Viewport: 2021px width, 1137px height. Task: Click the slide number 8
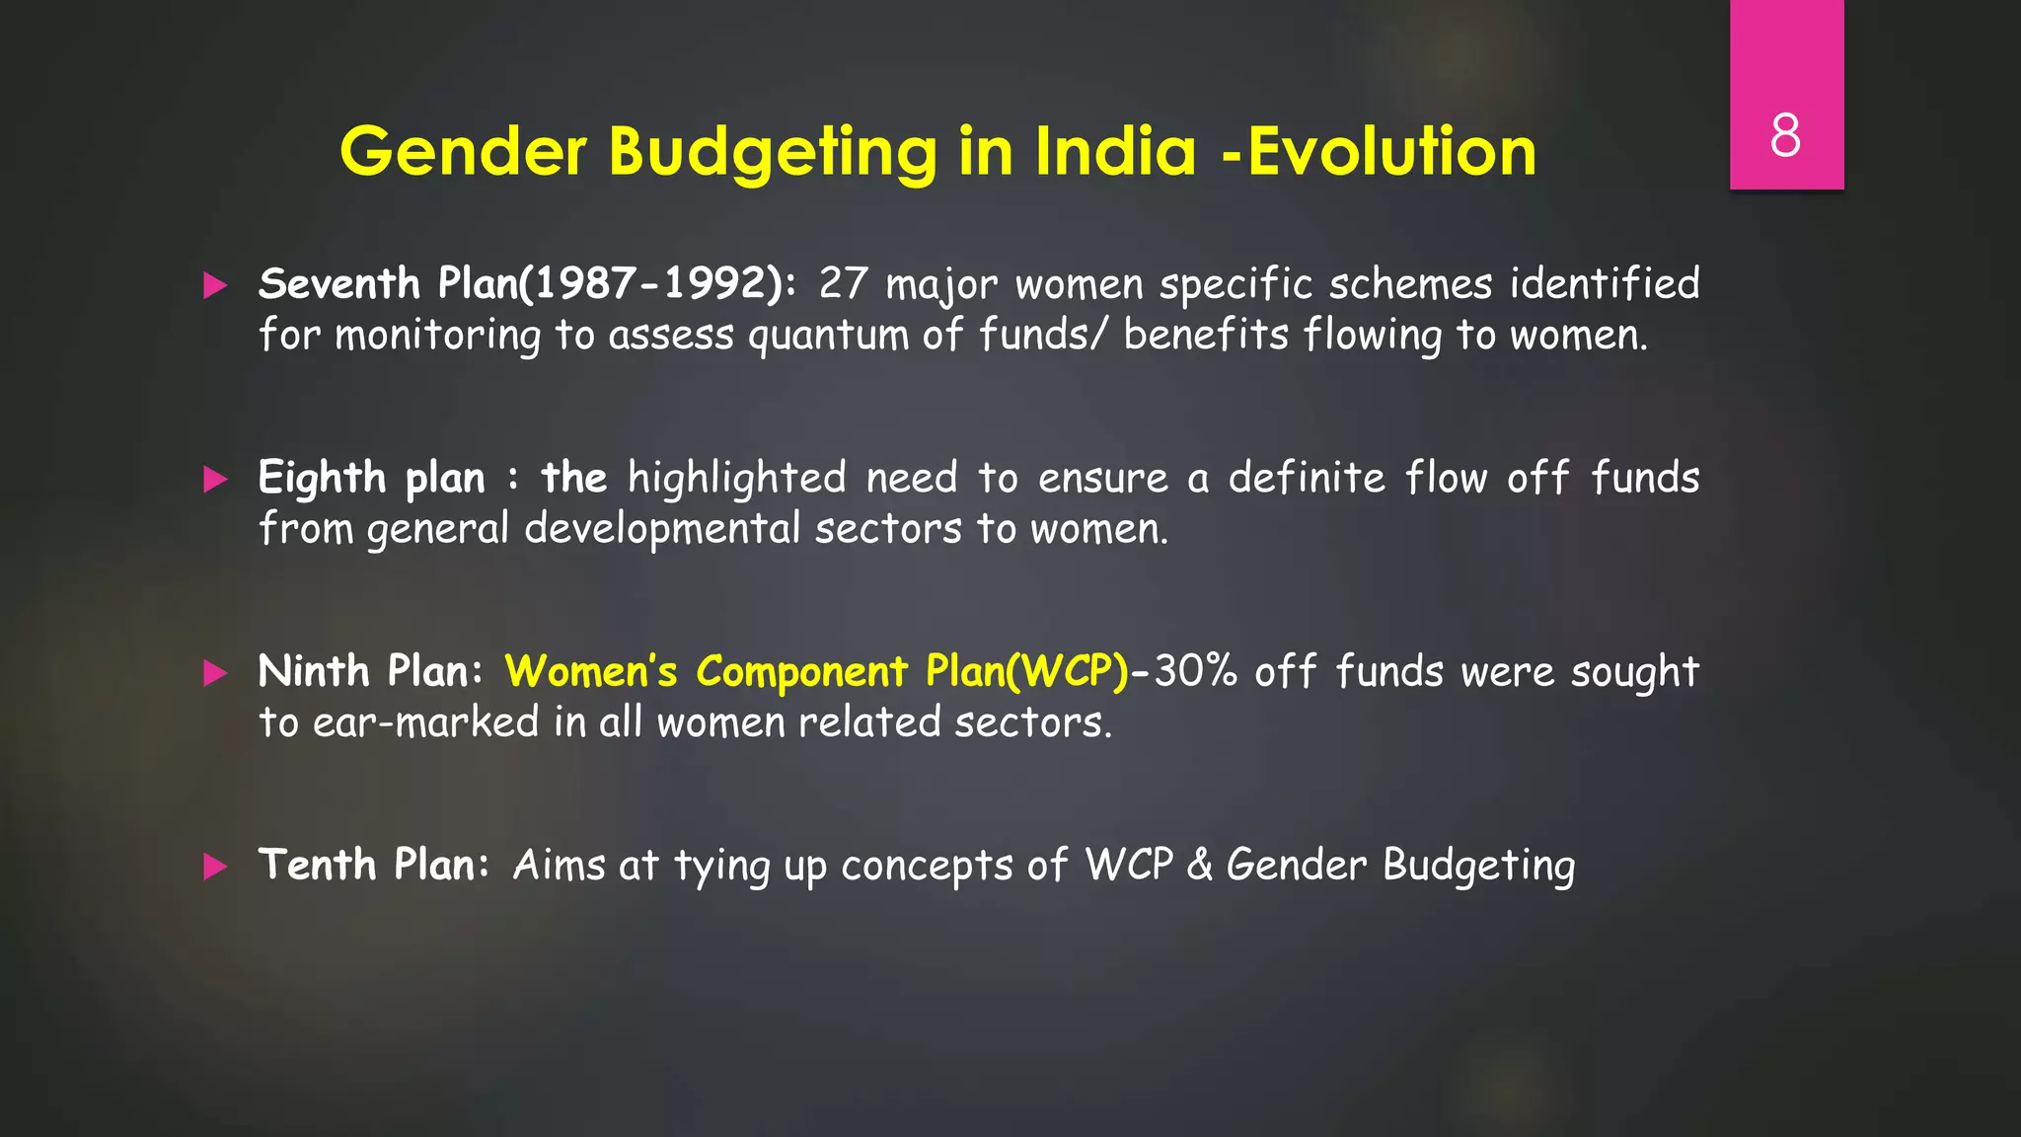pos(1785,135)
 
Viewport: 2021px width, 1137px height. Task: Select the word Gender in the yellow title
pos(463,152)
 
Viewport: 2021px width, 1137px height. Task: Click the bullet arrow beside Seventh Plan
pos(215,286)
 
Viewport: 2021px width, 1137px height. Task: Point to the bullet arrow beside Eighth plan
pos(215,480)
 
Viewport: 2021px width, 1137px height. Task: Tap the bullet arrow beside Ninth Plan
pos(215,673)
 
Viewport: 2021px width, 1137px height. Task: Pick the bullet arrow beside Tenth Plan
pos(215,867)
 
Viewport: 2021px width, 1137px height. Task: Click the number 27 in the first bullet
pos(843,284)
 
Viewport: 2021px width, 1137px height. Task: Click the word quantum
pos(828,336)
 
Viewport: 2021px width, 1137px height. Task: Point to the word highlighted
pos(736,479)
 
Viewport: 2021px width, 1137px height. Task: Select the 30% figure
pos(1196,672)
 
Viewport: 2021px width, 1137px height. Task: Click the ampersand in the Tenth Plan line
pos(1199,866)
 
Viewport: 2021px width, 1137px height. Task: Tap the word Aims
pos(559,866)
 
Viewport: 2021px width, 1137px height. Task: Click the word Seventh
pos(338,284)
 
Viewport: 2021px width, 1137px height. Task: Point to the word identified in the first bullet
pos(1605,284)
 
